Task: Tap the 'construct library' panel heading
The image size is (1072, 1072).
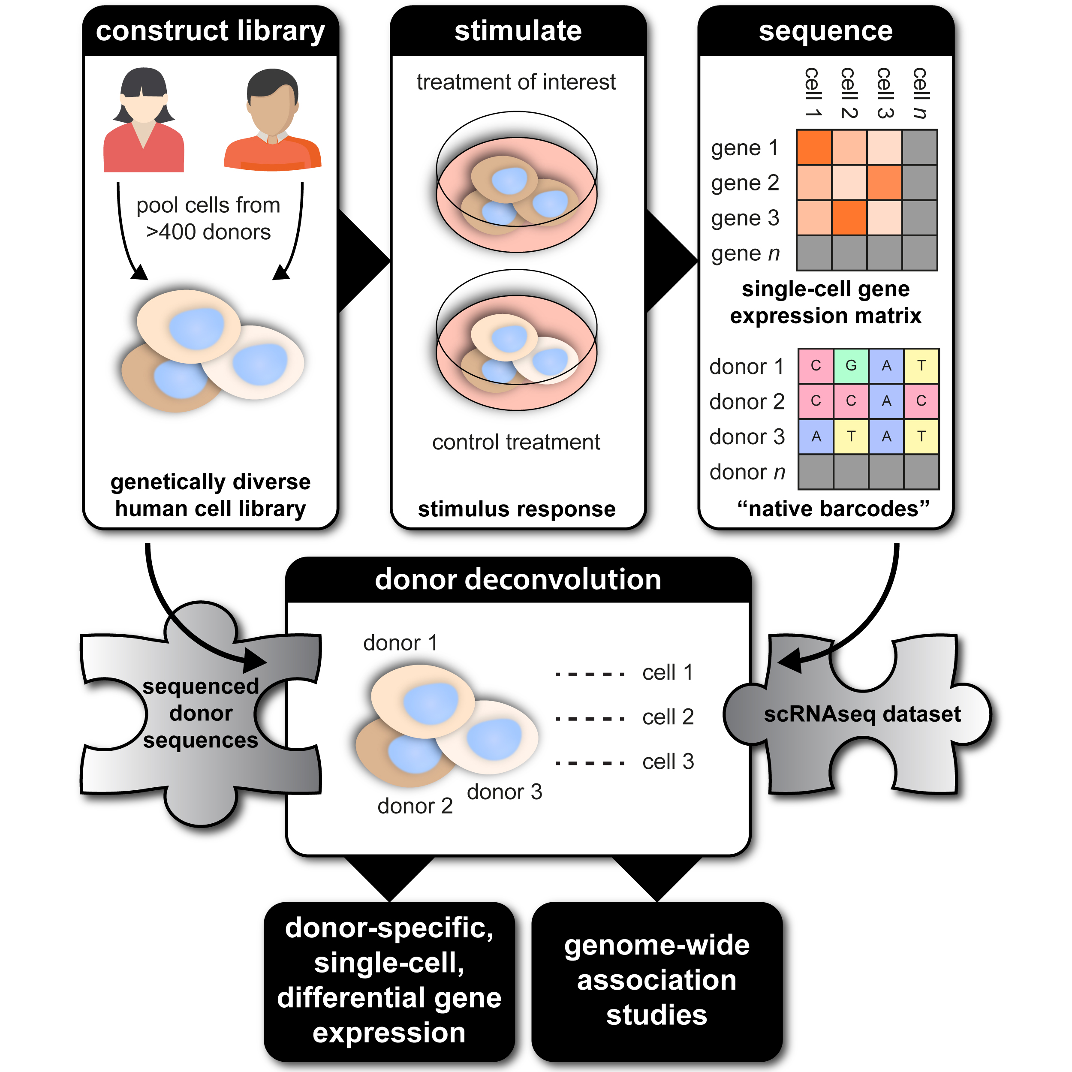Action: coord(210,31)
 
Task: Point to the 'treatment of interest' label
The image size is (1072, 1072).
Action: coord(516,82)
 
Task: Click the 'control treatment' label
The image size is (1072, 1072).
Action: coord(516,442)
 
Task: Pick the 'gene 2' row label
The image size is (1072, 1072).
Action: coord(745,183)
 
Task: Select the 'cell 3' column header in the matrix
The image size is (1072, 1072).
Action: coord(885,93)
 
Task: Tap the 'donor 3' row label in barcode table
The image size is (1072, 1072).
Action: coord(747,437)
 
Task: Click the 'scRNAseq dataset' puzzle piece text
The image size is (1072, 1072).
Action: coord(862,714)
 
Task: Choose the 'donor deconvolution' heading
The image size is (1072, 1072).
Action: coord(518,580)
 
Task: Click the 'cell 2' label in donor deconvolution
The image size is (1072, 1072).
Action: coord(668,717)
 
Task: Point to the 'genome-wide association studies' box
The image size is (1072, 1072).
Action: coord(656,980)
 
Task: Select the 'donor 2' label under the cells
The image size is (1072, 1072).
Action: coord(415,806)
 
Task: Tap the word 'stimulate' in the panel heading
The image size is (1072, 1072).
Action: coord(518,31)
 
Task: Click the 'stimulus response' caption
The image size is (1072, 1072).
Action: coord(517,509)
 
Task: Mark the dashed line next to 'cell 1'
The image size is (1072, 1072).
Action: coord(590,675)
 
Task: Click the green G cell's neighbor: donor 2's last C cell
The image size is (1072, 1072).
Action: coord(921,401)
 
